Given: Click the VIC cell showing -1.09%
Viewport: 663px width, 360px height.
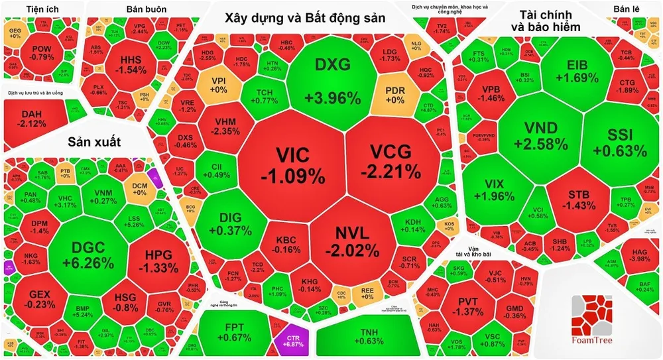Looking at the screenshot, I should pyautogui.click(x=292, y=166).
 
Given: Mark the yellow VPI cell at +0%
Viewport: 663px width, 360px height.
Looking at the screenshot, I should pyautogui.click(x=219, y=85).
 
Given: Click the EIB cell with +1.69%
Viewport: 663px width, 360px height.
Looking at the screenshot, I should pyautogui.click(x=572, y=71).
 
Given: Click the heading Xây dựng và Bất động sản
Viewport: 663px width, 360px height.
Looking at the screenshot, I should pyautogui.click(x=305, y=17).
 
